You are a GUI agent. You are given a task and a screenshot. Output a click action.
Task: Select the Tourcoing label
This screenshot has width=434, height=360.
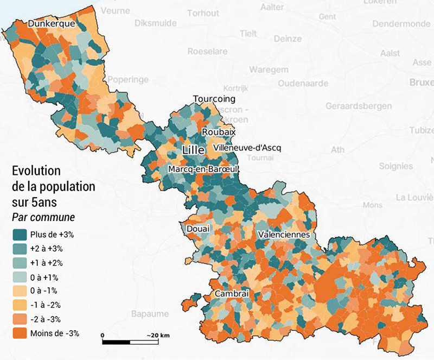214,99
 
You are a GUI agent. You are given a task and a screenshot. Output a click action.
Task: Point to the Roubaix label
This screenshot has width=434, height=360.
219,132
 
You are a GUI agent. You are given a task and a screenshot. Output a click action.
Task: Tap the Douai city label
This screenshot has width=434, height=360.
198,230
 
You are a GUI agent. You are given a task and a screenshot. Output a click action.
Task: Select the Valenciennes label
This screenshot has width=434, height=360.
284,235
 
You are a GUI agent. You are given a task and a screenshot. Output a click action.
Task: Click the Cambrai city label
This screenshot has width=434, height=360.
232,294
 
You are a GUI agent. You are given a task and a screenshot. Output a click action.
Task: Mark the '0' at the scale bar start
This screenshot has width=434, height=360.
103,335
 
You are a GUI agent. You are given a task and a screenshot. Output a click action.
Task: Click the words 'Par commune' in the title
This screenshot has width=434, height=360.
43,217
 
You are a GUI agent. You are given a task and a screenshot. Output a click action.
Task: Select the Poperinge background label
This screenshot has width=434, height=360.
128,80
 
